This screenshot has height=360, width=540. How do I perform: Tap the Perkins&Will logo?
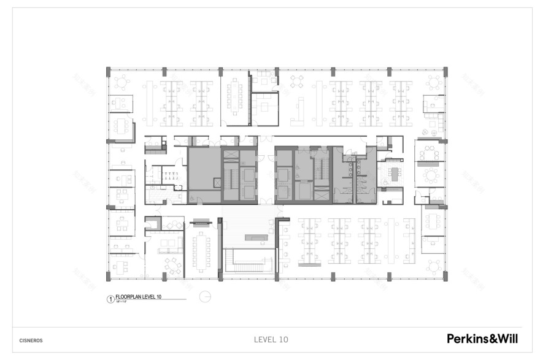[x=482, y=339]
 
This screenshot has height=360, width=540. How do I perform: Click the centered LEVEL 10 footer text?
[x=271, y=339]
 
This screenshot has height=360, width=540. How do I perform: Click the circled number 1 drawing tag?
[x=110, y=299]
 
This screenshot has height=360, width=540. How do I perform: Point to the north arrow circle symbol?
[x=207, y=297]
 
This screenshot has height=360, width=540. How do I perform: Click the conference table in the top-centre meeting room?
[x=234, y=92]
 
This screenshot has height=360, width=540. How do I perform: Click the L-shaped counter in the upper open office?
[x=299, y=110]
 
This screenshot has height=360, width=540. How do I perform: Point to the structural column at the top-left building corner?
[x=109, y=72]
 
